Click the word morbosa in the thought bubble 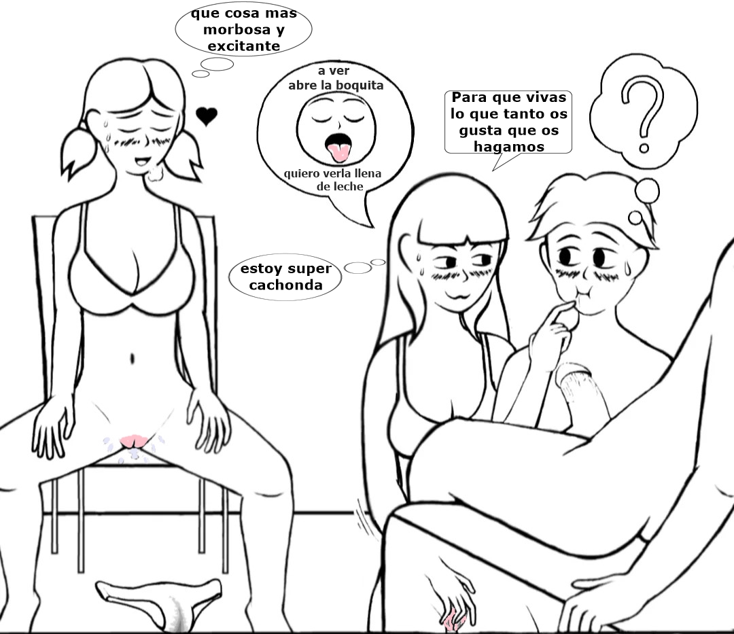point(237,29)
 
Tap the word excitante point(244,46)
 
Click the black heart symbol point(207,116)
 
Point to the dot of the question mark point(644,148)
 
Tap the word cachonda point(286,285)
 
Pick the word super point(309,269)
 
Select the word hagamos point(509,147)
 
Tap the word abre point(302,85)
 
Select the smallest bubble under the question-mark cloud point(635,217)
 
